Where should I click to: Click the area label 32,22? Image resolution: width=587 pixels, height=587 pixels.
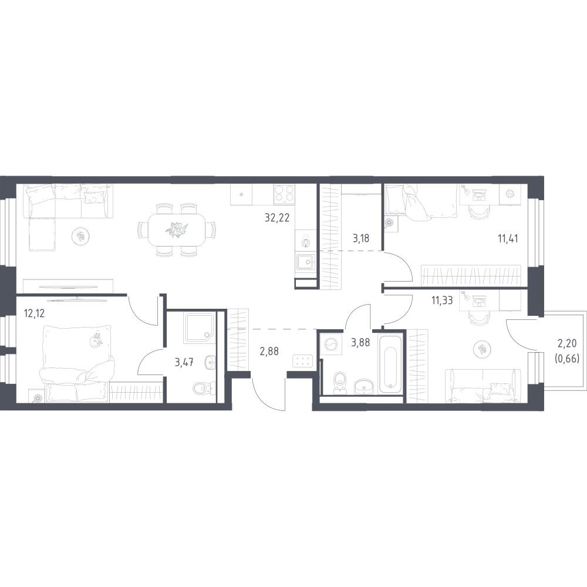277,218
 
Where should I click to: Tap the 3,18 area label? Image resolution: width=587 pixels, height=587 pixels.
361,238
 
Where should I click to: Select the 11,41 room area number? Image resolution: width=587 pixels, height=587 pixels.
508,238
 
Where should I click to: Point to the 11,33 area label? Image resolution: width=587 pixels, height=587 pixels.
442,300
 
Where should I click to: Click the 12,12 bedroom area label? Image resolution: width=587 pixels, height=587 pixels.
34,313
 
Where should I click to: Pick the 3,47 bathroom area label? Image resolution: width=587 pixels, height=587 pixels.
184,362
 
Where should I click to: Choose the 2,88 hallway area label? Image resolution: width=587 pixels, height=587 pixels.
269,351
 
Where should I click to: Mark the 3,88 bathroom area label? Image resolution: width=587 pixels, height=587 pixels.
360,342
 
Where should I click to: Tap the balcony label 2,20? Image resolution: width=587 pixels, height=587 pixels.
567,343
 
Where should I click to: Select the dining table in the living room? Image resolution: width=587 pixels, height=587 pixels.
177,229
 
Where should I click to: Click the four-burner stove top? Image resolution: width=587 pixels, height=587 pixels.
284,194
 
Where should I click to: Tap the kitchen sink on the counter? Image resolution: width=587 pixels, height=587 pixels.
305,262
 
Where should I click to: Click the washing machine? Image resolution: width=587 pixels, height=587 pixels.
332,343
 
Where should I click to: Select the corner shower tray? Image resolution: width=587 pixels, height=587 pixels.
200,328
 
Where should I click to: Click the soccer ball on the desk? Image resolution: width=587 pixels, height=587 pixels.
510,194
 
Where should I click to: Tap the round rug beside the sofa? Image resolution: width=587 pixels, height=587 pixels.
79,236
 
